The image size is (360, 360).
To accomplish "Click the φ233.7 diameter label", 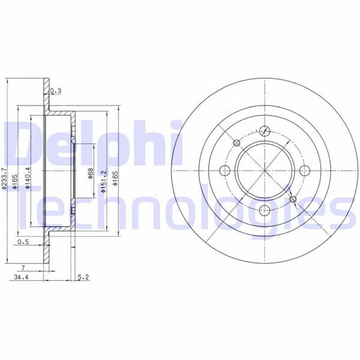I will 5,179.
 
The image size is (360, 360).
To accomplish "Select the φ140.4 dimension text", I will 28,178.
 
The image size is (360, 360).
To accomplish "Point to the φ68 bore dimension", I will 91,174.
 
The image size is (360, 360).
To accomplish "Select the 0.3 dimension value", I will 56,91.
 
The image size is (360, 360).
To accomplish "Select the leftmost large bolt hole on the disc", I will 226,170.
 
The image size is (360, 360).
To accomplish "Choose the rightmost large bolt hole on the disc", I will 303,170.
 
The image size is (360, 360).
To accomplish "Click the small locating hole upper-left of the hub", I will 236,143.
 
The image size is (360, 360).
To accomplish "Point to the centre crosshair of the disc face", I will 265,170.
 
